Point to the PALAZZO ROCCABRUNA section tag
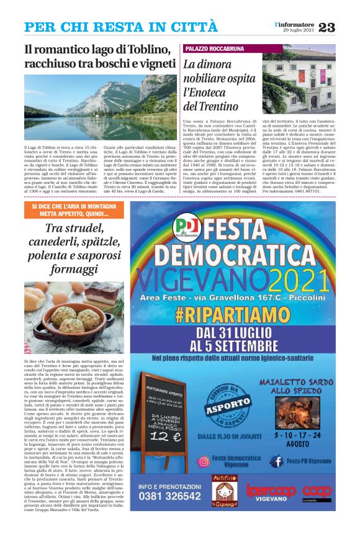pos(215,48)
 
